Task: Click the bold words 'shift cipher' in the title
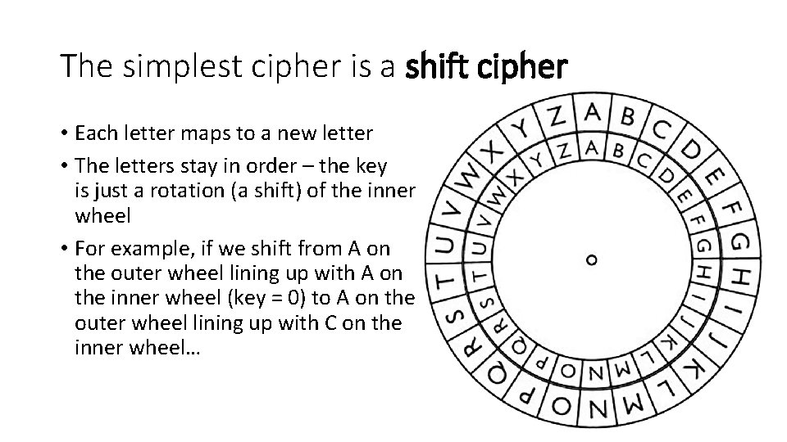click(485, 66)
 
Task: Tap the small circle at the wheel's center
click(592, 260)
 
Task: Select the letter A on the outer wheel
click(594, 112)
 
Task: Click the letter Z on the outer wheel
click(557, 116)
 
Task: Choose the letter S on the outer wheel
click(452, 313)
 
